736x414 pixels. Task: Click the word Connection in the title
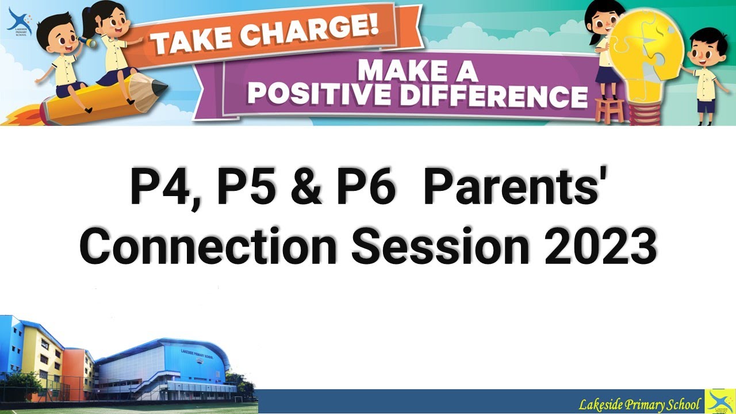coord(208,247)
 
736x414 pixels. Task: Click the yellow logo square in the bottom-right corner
coord(720,401)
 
